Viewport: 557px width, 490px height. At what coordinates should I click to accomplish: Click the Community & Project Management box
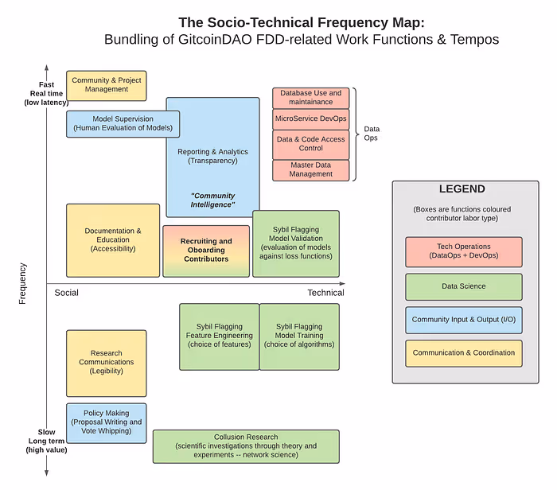(x=107, y=85)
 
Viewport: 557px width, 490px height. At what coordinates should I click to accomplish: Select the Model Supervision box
(x=122, y=123)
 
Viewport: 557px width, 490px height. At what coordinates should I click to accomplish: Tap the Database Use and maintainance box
(x=311, y=98)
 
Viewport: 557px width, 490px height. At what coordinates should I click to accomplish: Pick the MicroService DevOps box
(x=311, y=119)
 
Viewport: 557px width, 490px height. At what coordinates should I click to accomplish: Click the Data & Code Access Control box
(x=311, y=144)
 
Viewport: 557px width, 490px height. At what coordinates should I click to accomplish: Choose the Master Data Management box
(x=311, y=169)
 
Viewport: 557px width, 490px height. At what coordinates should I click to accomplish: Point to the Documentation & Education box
(x=113, y=240)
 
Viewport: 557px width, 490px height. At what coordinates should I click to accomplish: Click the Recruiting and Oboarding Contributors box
(x=206, y=251)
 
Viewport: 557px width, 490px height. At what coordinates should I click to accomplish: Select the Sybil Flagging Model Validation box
(x=296, y=243)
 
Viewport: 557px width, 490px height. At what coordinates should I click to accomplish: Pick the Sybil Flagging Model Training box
(x=299, y=336)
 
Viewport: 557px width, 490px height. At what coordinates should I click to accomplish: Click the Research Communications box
(x=107, y=363)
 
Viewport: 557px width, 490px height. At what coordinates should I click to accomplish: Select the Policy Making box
(x=107, y=422)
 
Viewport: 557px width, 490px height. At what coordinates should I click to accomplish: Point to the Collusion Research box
(x=246, y=445)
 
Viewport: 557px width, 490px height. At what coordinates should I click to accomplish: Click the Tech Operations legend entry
(x=463, y=251)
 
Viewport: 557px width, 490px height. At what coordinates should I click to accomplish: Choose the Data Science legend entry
(x=463, y=286)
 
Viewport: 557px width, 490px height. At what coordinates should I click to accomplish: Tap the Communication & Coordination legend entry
(x=463, y=353)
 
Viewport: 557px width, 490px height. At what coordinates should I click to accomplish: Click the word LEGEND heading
(x=462, y=189)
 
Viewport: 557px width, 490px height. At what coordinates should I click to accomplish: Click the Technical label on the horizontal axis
(x=325, y=293)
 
